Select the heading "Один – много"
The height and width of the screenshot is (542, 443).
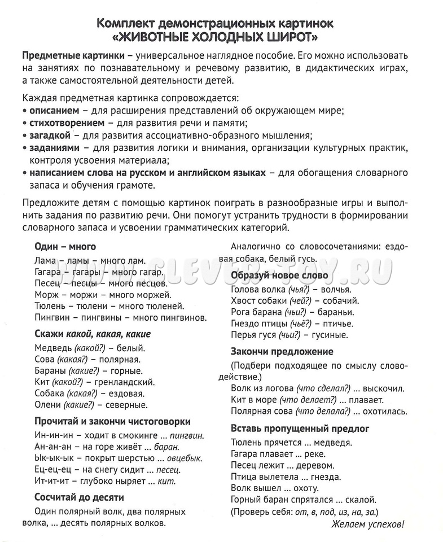[65, 246]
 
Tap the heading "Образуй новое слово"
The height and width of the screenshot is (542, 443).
[279, 275]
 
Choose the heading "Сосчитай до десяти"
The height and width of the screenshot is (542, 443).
[79, 497]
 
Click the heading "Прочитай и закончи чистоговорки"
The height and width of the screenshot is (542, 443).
[112, 421]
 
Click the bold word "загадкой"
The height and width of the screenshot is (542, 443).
[50, 135]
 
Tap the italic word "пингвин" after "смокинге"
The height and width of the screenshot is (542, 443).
[186, 435]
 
